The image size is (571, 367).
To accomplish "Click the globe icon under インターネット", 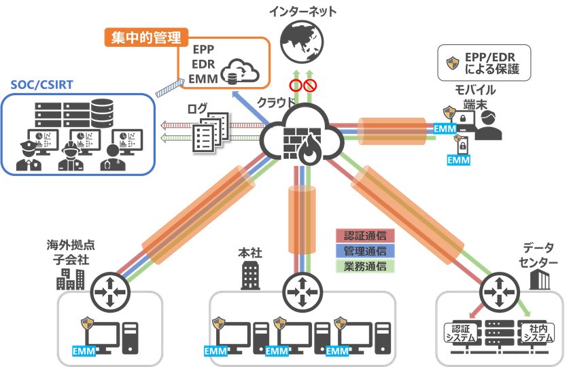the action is click(302, 41).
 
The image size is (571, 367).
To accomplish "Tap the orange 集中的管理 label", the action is click(146, 37).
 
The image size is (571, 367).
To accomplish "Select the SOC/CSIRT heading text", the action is click(42, 85).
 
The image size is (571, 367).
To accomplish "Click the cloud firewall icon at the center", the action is click(302, 135).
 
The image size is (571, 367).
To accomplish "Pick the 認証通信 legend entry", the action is click(365, 236).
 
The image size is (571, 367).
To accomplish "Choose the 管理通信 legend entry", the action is click(365, 251).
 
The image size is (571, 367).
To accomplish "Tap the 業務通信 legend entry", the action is click(365, 266).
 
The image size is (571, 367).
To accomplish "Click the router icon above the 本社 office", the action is click(302, 292).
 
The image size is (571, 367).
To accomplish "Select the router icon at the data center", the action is click(500, 292).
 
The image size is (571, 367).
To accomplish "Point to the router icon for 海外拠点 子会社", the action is click(110, 292).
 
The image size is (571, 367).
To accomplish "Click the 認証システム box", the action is click(461, 333).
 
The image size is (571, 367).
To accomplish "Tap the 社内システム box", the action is click(538, 333).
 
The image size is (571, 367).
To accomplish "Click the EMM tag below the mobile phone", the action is click(458, 160).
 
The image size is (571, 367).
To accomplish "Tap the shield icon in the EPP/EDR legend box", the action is click(453, 63).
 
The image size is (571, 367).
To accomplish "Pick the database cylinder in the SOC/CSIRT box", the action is click(103, 113).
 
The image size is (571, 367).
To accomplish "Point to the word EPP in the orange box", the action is click(203, 49).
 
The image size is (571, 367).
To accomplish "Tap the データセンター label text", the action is click(538, 255).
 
